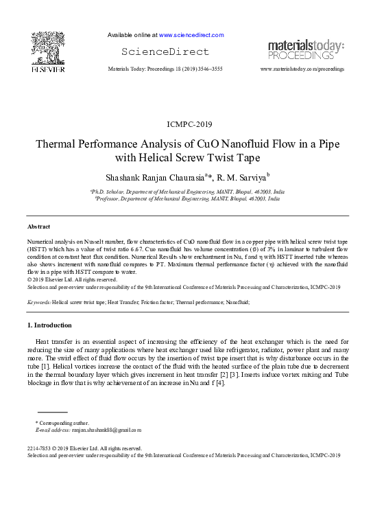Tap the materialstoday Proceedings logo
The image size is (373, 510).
tap(305, 49)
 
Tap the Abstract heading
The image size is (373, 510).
tap(38, 227)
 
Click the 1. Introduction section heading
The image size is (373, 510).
tap(53, 324)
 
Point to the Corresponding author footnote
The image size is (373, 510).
tap(64, 423)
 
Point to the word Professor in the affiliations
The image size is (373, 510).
tap(108, 198)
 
